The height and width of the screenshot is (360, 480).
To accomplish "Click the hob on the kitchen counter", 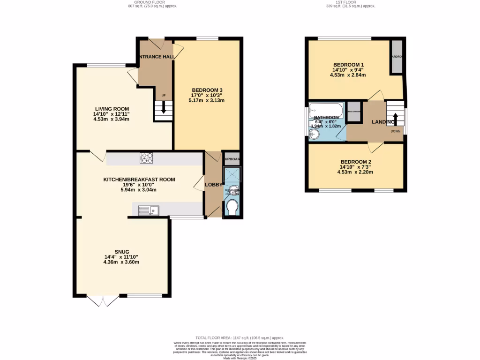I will [x=146, y=158].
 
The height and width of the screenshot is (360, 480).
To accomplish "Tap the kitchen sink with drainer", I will [x=149, y=210].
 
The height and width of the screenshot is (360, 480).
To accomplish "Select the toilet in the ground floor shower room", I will [x=232, y=207].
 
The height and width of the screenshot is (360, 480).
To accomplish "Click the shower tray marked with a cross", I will [x=232, y=175].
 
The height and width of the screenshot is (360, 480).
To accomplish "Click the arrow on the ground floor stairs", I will [x=164, y=108].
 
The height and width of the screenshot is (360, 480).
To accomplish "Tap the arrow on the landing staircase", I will [x=395, y=118].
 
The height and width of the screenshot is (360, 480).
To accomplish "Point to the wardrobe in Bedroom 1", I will [x=397, y=57].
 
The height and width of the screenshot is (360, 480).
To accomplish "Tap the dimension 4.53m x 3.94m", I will [x=112, y=119].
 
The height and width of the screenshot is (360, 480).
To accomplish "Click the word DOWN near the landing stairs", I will [x=396, y=131].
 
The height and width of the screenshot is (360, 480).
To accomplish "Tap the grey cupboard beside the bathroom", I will [x=354, y=112].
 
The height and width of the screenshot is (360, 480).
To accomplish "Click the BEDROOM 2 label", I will [x=355, y=161].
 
